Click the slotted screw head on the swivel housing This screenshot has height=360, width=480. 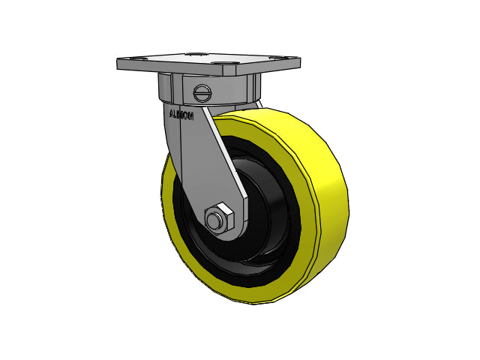click(x=202, y=93)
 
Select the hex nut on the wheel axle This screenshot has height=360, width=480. click(x=219, y=219)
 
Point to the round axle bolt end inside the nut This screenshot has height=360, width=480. click(x=215, y=220)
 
